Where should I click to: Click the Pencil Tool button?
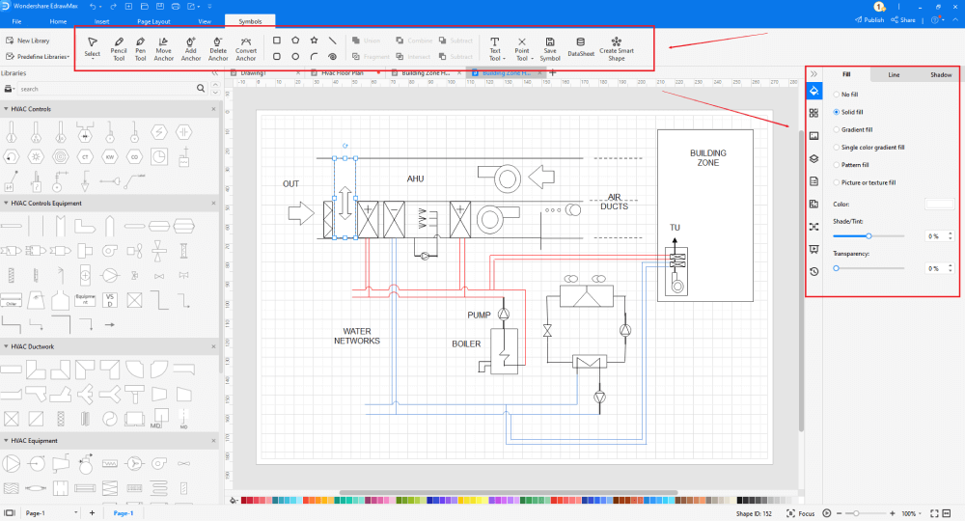click(119, 48)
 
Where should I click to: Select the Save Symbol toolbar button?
click(549, 48)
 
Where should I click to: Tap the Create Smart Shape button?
click(616, 48)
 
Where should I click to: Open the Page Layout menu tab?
click(155, 20)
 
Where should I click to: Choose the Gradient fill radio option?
click(836, 129)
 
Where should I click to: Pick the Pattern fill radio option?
click(836, 165)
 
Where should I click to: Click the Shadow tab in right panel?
click(940, 74)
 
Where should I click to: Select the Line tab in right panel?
click(894, 74)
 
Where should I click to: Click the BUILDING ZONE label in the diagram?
click(707, 158)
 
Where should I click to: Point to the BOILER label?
click(466, 343)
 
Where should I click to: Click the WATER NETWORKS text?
click(357, 336)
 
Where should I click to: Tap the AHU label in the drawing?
click(416, 178)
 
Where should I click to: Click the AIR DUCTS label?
click(614, 202)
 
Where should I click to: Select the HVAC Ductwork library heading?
click(34, 346)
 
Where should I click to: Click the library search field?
click(106, 89)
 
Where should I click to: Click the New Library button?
click(28, 41)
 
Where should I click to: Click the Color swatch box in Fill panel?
click(939, 204)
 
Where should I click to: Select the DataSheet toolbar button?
click(581, 48)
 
